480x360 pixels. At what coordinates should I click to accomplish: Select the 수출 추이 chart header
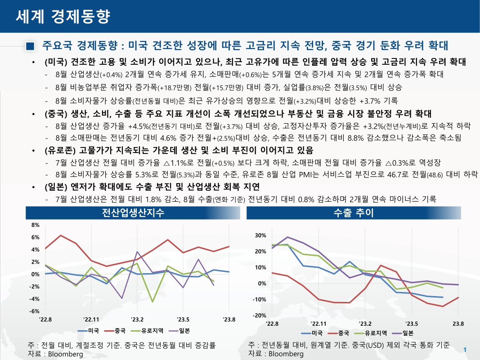(x=354, y=213)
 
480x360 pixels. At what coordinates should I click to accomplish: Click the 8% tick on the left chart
(x=36, y=225)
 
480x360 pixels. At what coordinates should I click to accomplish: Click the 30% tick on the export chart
(x=260, y=235)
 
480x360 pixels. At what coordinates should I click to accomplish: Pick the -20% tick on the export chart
(x=260, y=315)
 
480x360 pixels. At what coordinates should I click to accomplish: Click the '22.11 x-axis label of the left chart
(x=91, y=319)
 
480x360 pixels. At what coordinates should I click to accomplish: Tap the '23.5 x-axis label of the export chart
(x=411, y=323)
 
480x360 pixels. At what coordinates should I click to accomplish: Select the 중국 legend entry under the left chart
(x=119, y=331)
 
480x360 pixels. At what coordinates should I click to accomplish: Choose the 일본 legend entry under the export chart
(x=408, y=333)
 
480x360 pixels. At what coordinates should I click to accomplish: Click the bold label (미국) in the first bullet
(x=56, y=61)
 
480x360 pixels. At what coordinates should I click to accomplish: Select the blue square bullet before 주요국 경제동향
(x=30, y=46)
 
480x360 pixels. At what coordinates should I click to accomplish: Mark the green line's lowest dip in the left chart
(x=153, y=301)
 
